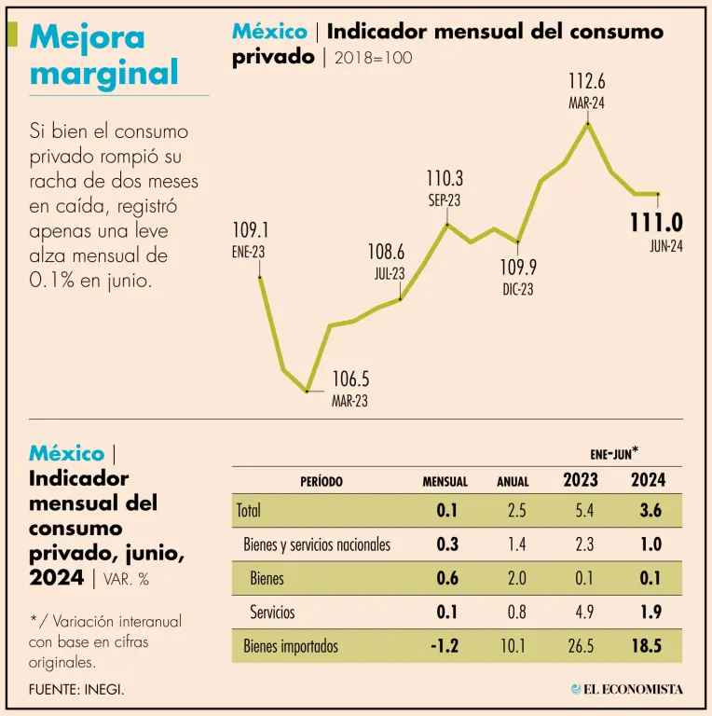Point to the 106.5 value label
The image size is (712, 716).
point(351,379)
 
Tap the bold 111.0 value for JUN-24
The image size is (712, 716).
point(656,223)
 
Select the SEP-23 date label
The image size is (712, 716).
point(445,200)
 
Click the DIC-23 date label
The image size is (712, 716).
point(518,290)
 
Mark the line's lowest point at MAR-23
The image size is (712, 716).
point(307,391)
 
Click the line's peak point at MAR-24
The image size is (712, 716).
point(587,122)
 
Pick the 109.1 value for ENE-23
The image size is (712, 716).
point(250,229)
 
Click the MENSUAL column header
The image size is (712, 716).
point(445,482)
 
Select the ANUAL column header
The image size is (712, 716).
point(512,482)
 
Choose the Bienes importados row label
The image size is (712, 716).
point(291,646)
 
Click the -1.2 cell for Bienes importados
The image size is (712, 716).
point(445,646)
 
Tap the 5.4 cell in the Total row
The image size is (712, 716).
point(584,510)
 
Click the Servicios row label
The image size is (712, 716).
point(272,613)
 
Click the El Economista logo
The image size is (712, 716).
point(627,689)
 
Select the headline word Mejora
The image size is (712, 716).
point(88,37)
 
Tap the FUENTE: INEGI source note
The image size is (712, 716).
point(76,689)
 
